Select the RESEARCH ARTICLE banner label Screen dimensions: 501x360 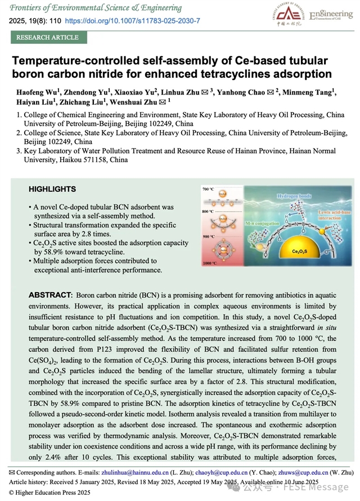pos(47,38)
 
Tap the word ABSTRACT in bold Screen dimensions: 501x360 pos(49,296)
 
